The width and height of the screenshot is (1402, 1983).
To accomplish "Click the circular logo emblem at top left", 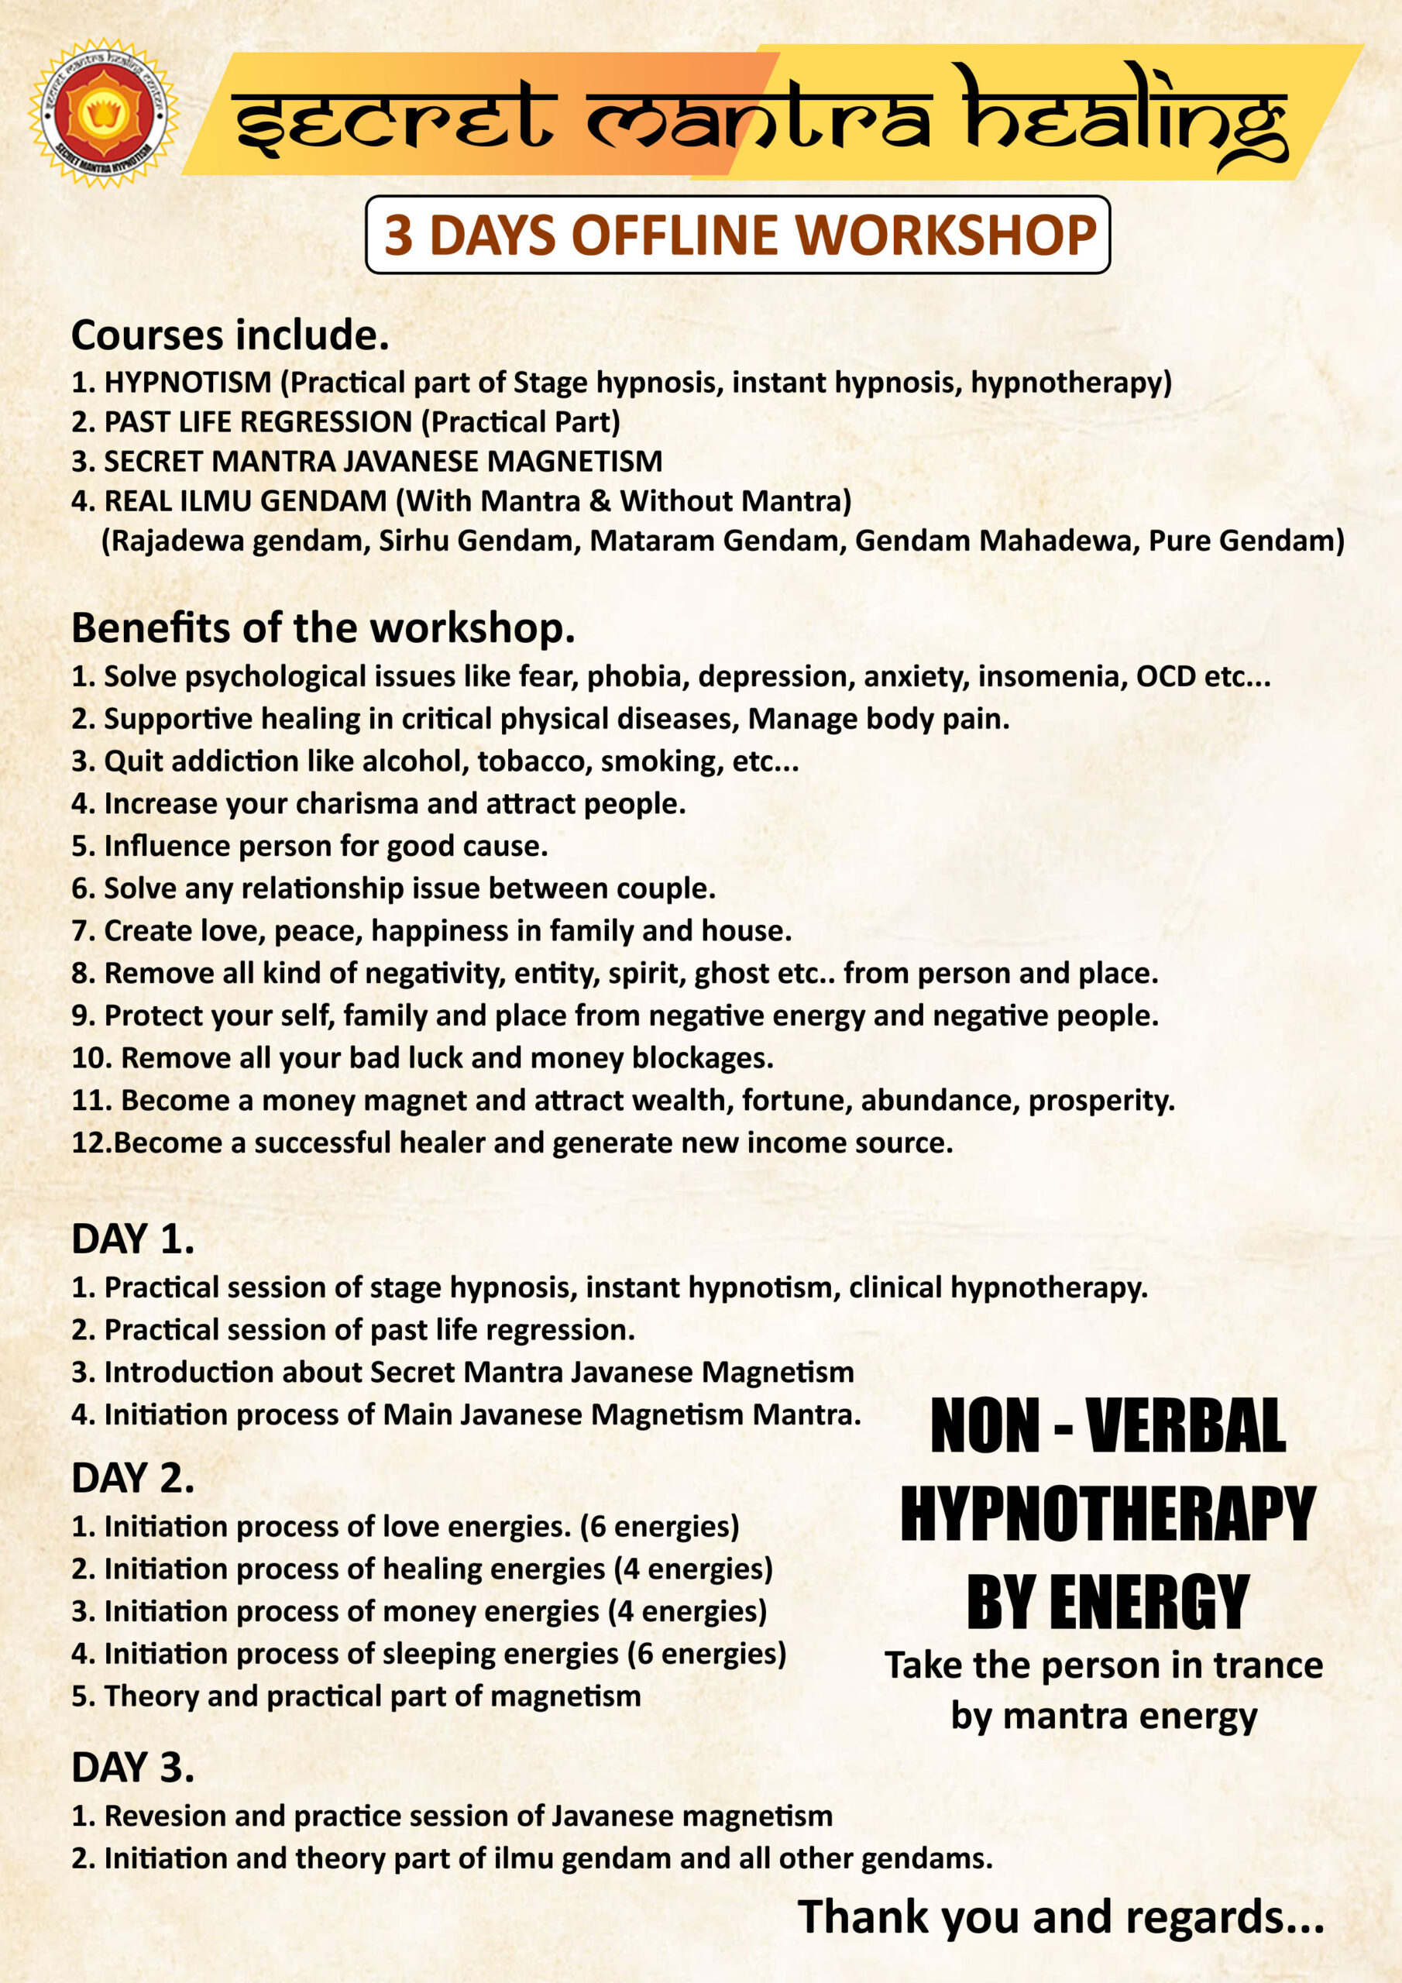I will pyautogui.click(x=103, y=113).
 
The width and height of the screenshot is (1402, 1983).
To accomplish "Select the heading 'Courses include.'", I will pyautogui.click(x=230, y=335).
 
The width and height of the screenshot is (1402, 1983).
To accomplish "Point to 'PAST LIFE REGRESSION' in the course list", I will pyautogui.click(x=258, y=421).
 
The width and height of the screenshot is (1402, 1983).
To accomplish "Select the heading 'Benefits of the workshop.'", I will pyautogui.click(x=322, y=628).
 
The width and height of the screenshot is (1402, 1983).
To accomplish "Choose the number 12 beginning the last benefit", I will pyautogui.click(x=88, y=1143).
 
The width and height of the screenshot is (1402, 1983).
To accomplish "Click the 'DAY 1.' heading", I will pyautogui.click(x=132, y=1239).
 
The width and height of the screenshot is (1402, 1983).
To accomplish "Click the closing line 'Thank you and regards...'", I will pyautogui.click(x=1060, y=1916).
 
